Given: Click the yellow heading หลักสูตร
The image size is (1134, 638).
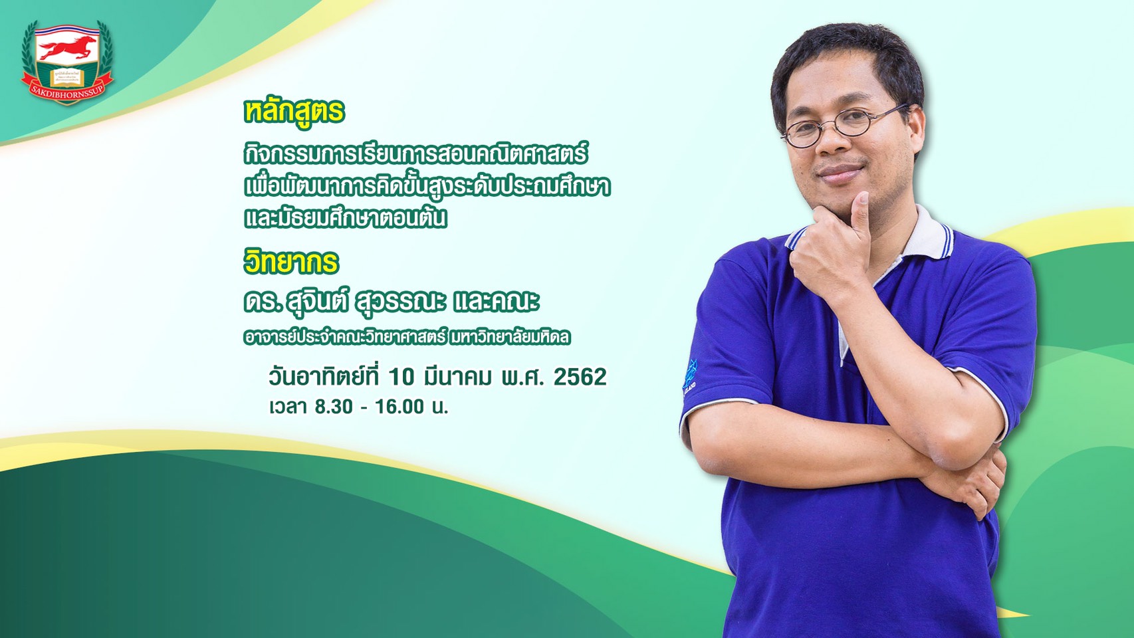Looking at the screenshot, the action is [294, 112].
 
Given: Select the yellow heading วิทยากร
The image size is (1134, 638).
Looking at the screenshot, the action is [291, 263].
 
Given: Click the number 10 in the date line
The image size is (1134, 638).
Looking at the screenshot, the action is [402, 377].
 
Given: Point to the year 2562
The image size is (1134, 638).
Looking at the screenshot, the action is [580, 377].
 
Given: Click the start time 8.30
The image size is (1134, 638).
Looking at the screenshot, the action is [334, 407].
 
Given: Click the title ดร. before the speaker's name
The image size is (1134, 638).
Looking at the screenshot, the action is [263, 302].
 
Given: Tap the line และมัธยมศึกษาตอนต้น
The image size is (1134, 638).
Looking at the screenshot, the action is [345, 218].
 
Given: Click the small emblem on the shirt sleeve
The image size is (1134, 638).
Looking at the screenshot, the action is [690, 375].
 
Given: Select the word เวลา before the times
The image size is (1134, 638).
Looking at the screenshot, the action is [288, 407].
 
